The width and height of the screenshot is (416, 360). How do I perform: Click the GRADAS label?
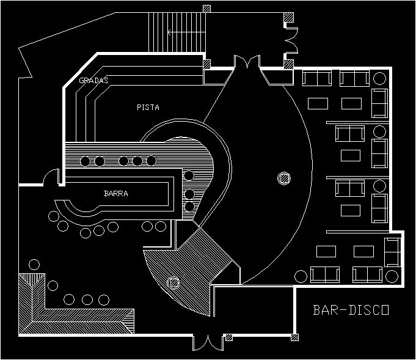coord(93,81)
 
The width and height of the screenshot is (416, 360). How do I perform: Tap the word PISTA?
coord(148,108)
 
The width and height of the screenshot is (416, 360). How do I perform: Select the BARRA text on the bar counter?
coord(115,194)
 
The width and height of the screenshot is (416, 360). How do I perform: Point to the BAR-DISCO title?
coord(351,310)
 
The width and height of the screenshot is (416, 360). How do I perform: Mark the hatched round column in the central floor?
coord(283,178)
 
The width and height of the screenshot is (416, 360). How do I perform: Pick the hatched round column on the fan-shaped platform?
coord(173,283)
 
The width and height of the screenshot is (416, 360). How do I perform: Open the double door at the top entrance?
coord(247,63)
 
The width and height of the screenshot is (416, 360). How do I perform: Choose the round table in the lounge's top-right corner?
coord(379,78)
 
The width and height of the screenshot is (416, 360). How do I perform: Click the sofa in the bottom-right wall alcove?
coord(392,251)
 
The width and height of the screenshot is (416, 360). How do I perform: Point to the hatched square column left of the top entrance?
coord(207,64)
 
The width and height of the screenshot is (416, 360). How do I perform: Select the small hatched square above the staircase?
coord(207,9)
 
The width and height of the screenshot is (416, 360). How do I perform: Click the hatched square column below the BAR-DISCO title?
coord(295,336)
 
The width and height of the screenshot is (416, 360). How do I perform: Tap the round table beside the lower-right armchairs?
coord(300,276)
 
